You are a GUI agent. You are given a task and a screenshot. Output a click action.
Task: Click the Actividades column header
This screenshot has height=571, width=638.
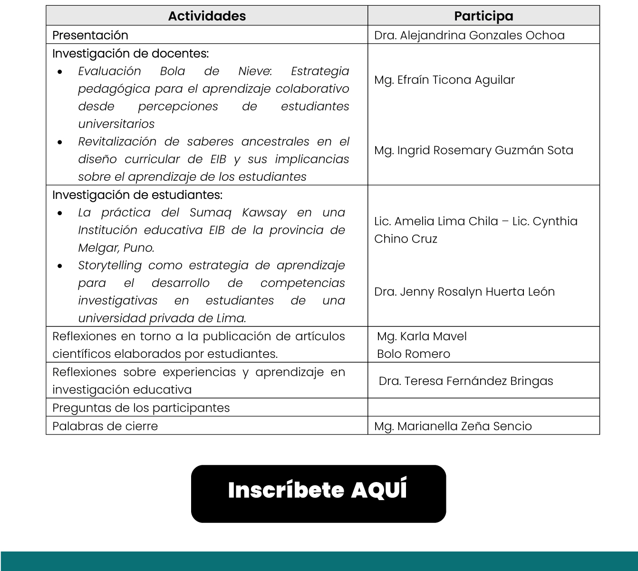207,16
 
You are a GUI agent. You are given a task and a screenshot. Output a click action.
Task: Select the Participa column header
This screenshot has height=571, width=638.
483,16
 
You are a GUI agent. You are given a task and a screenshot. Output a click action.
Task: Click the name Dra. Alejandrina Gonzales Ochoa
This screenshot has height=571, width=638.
469,35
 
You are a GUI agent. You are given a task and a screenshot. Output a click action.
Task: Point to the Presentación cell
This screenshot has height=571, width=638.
90,35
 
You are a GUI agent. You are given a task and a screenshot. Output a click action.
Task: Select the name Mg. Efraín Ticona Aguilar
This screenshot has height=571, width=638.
444,80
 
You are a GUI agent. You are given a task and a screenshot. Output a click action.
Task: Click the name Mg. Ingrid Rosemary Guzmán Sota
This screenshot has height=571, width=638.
474,150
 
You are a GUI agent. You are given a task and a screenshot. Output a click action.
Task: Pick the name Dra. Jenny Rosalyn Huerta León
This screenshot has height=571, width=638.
464,292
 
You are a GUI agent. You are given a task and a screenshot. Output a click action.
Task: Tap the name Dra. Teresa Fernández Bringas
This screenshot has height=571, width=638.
466,381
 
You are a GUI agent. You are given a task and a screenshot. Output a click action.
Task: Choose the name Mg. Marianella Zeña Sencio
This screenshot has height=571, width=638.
453,426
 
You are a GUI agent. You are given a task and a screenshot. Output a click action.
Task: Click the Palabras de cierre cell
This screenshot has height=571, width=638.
105,426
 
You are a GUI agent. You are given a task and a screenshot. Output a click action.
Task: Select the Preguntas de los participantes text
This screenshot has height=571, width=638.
141,408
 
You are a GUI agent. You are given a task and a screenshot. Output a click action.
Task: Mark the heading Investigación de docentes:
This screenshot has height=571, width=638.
130,53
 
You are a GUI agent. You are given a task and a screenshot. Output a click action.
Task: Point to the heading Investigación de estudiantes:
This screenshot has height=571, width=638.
137,195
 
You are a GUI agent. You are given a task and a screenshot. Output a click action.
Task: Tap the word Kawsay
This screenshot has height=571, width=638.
264,213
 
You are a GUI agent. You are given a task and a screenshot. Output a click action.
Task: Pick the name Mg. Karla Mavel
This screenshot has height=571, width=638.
422,336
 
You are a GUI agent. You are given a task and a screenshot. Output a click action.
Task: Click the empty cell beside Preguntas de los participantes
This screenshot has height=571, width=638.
483,408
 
